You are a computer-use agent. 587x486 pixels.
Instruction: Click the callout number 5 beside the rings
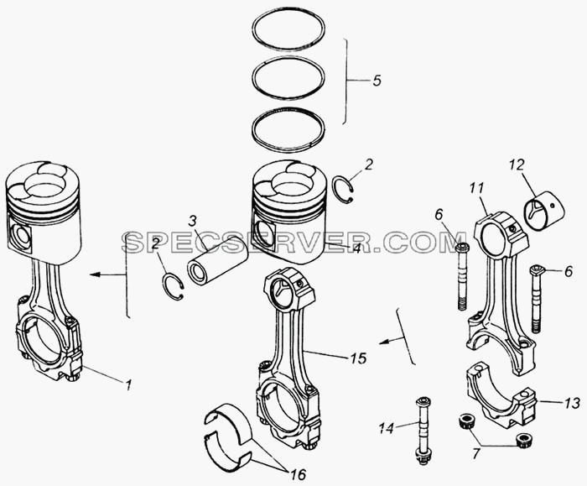click(x=377, y=81)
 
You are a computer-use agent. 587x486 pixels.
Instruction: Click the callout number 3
click(x=192, y=222)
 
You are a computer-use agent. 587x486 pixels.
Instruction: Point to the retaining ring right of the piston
click(x=344, y=190)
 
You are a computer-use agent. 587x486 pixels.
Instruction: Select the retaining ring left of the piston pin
click(x=173, y=287)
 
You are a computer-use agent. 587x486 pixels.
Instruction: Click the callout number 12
click(x=517, y=165)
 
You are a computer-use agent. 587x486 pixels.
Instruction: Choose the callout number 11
click(x=477, y=188)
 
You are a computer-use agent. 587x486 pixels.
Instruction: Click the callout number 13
click(x=573, y=403)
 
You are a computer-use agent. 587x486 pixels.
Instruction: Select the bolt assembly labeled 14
click(x=423, y=431)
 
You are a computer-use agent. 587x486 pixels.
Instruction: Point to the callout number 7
click(x=475, y=454)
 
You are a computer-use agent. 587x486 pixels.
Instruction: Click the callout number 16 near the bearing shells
click(x=299, y=474)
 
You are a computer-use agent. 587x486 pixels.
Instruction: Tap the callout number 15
click(x=359, y=358)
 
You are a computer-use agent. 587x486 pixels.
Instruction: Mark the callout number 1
click(x=128, y=384)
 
